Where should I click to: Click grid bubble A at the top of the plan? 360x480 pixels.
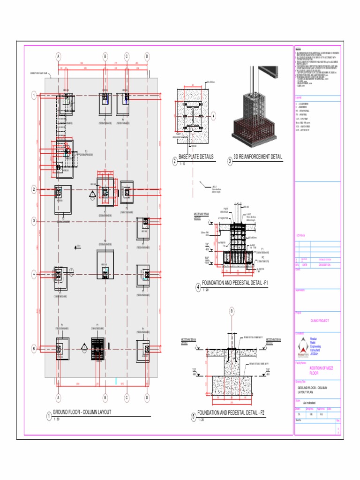point(59,56)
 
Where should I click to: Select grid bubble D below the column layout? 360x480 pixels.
point(148,398)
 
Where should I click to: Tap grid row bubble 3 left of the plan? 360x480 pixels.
point(34,221)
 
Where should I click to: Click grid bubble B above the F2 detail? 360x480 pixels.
point(231,311)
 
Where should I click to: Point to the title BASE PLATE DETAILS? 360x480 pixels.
point(196,157)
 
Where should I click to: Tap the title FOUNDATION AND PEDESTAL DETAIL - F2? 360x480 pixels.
point(231,413)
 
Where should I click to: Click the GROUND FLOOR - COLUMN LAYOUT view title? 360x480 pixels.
point(82,412)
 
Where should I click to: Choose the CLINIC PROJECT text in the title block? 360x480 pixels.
point(320,321)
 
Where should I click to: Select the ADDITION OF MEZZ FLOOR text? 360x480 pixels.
point(320,371)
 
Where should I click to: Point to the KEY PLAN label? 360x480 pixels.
point(300,235)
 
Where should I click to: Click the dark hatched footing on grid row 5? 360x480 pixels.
point(98,349)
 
